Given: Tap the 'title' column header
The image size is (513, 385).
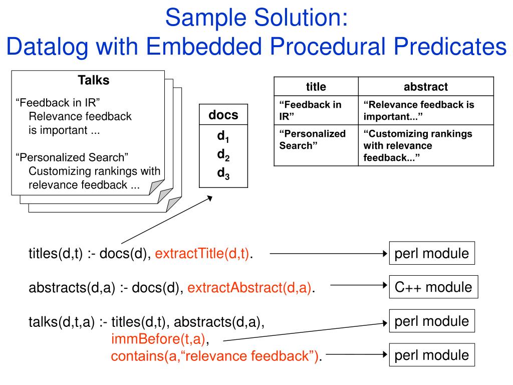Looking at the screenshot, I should (316, 87).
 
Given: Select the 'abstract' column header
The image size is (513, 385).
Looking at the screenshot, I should (426, 87).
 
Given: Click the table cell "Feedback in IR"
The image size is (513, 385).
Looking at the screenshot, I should (316, 111).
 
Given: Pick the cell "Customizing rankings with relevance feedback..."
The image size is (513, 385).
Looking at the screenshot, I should (426, 146).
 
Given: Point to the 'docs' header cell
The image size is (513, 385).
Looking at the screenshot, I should (223, 115).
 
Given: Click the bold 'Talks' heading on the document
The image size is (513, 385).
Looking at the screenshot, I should (94, 80).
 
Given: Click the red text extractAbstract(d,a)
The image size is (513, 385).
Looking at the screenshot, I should (249, 288).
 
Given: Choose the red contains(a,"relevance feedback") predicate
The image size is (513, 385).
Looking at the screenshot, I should (215, 356).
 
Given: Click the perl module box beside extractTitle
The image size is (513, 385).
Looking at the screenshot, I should (432, 253).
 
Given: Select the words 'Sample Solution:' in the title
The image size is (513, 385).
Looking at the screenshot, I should (256, 19).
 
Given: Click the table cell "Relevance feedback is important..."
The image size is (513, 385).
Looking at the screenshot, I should (426, 111).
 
